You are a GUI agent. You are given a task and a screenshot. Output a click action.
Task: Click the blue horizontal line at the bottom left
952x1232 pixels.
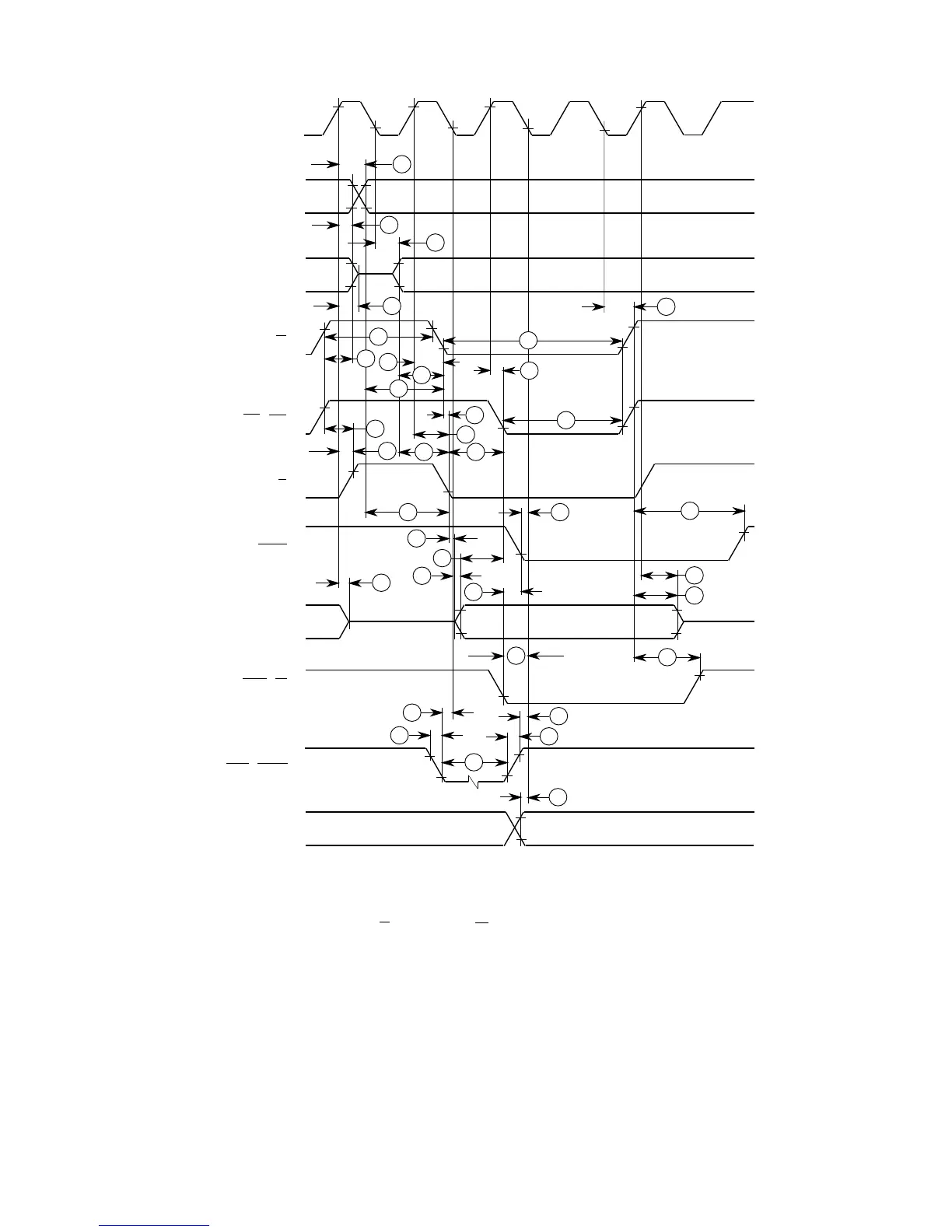tap(155, 1225)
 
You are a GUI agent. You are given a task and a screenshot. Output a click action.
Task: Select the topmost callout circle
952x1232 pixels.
tap(401, 164)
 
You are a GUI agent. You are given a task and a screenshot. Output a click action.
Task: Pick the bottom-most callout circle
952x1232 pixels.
tap(558, 796)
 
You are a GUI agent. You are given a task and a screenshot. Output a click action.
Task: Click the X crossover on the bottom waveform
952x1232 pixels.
tap(513, 828)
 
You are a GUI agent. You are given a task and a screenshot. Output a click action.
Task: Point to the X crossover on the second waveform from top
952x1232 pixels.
tap(359, 196)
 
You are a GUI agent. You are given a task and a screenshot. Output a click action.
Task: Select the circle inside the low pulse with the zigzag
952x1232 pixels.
tap(473, 762)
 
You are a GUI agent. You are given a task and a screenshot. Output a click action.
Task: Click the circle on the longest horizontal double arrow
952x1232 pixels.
tap(528, 340)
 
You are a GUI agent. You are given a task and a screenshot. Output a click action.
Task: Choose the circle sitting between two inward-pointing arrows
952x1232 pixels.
tap(516, 655)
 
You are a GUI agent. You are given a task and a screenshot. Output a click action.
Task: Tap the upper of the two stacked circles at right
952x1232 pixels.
tap(695, 575)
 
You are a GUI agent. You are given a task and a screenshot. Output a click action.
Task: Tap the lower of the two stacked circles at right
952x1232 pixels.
tap(695, 595)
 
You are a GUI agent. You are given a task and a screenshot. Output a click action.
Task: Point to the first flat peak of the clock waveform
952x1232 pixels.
tap(350, 102)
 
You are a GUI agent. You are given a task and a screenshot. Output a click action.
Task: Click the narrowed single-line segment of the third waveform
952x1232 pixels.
tap(376, 275)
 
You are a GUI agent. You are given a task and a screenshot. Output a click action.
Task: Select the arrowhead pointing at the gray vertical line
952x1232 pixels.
tap(600, 307)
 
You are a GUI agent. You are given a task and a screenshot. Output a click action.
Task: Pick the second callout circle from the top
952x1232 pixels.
tap(390, 224)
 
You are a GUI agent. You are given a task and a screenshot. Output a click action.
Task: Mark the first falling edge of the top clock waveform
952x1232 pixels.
tap(370, 118)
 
